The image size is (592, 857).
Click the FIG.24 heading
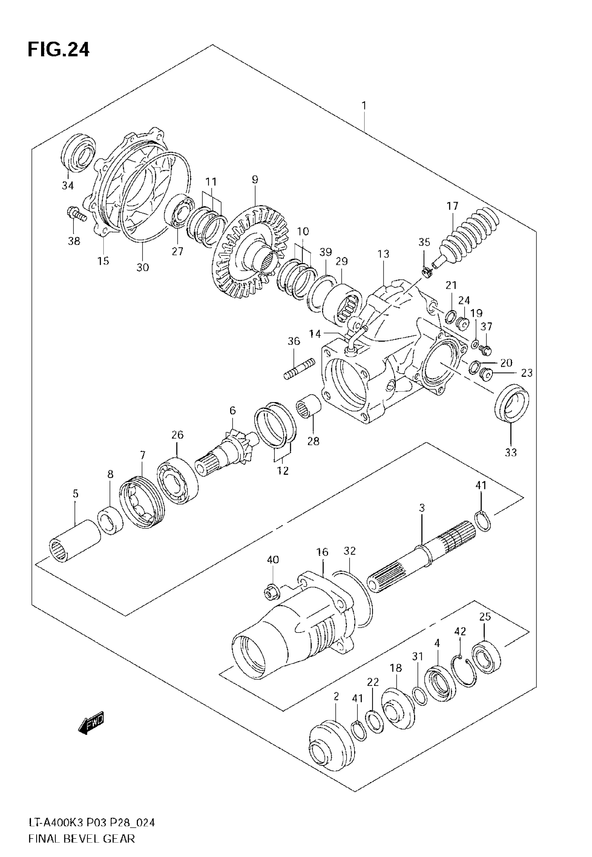[58, 49]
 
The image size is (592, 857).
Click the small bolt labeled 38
[76, 214]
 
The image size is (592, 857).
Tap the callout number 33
[511, 452]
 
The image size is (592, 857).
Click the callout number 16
[322, 562]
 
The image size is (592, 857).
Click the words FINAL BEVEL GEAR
[81, 838]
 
